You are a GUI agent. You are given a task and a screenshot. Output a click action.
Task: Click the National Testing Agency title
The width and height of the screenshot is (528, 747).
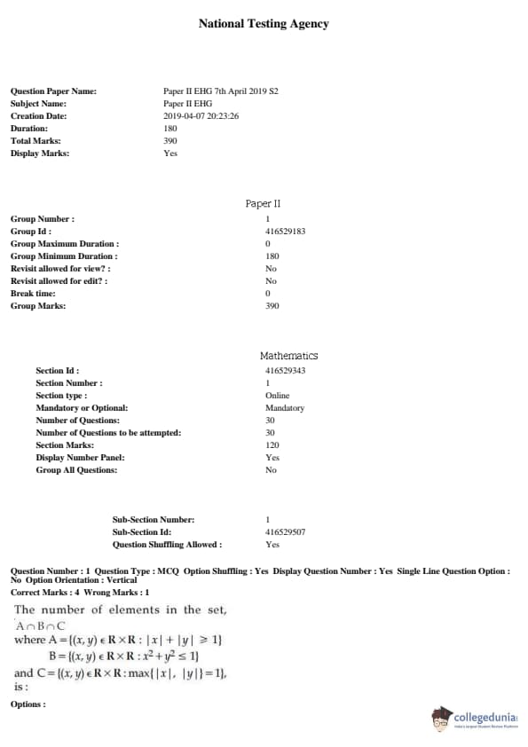click(264, 24)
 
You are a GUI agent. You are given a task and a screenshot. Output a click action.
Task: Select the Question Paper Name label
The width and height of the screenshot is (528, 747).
click(53, 91)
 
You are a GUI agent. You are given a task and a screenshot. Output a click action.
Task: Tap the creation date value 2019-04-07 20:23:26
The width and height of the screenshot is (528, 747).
click(201, 116)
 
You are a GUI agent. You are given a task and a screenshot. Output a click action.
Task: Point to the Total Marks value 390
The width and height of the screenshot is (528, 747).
click(170, 141)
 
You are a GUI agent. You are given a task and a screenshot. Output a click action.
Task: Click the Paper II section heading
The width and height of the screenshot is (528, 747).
click(264, 204)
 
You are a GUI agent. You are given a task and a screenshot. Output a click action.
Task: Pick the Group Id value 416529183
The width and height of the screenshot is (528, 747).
click(285, 232)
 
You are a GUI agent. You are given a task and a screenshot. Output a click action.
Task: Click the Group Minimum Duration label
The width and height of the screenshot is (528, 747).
click(64, 256)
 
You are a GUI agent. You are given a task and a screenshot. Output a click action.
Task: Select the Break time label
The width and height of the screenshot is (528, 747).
click(33, 294)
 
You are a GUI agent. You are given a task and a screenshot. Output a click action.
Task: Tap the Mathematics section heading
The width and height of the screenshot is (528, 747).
click(288, 356)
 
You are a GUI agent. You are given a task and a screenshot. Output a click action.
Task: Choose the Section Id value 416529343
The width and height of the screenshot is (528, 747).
click(285, 371)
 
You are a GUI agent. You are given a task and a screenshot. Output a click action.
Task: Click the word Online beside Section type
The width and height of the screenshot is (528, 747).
click(277, 396)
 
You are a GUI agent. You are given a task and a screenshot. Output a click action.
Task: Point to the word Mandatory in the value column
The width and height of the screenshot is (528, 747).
click(284, 408)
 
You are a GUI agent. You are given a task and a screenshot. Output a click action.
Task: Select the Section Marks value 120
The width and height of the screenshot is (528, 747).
click(272, 445)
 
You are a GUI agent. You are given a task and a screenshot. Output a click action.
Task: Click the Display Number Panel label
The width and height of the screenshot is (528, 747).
click(80, 458)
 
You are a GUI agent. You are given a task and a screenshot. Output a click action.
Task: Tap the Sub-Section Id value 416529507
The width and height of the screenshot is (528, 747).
click(285, 532)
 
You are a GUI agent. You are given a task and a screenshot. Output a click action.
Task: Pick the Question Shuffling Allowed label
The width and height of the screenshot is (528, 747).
click(167, 545)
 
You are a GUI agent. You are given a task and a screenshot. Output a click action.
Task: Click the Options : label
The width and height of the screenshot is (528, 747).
click(28, 704)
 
